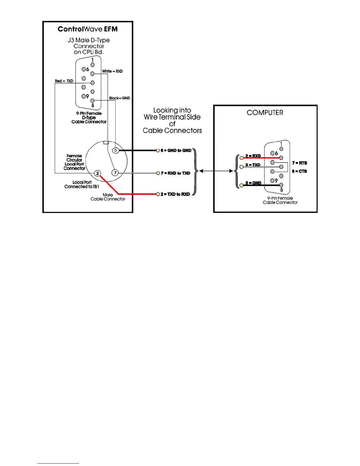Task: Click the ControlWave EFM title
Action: (x=88, y=29)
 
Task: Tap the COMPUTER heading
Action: (x=265, y=113)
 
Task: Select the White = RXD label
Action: (x=112, y=71)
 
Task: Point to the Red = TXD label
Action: (x=64, y=81)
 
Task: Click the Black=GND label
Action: (x=119, y=98)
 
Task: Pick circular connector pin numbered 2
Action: (x=97, y=173)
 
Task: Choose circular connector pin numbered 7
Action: (x=115, y=173)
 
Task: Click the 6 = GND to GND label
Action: (x=176, y=150)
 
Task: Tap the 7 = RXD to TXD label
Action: (x=175, y=173)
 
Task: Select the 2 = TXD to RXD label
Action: (x=175, y=194)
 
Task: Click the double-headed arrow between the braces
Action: (x=216, y=171)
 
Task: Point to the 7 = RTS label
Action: (x=299, y=163)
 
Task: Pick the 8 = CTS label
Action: (x=299, y=171)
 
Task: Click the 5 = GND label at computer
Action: (x=253, y=183)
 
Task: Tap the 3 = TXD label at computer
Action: (x=253, y=165)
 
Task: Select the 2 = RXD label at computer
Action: (x=253, y=156)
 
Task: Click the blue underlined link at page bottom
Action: (x=58, y=463)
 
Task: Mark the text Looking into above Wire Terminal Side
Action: (x=172, y=110)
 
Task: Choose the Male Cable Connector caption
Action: (x=108, y=197)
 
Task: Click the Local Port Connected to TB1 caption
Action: (x=82, y=184)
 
